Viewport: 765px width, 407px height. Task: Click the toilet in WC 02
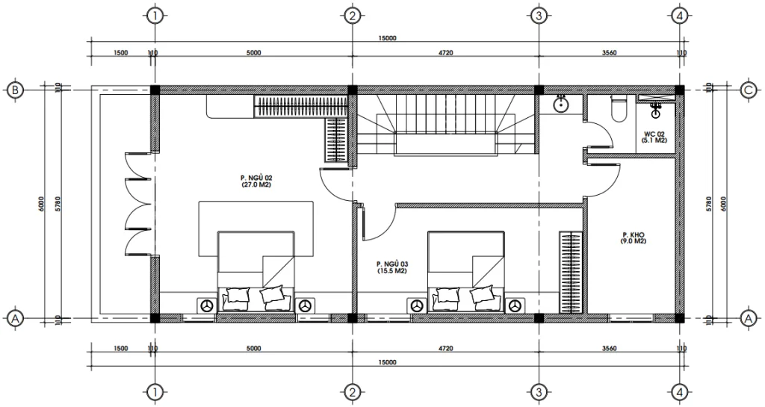(618, 111)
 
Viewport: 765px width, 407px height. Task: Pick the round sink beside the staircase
(562, 105)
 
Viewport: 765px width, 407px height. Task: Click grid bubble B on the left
(14, 90)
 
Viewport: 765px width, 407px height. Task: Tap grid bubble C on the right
(748, 90)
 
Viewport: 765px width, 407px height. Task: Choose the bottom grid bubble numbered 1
(155, 391)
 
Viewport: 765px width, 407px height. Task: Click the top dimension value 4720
(445, 52)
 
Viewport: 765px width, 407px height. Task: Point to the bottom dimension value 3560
(608, 348)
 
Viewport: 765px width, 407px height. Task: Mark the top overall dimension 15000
(386, 38)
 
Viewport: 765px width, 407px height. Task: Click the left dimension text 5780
(58, 203)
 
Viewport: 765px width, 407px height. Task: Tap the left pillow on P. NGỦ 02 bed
(237, 296)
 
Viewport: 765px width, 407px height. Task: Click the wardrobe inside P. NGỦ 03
(570, 273)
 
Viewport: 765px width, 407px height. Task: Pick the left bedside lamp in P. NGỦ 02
(207, 305)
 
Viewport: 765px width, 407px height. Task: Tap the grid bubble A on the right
(748, 317)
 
